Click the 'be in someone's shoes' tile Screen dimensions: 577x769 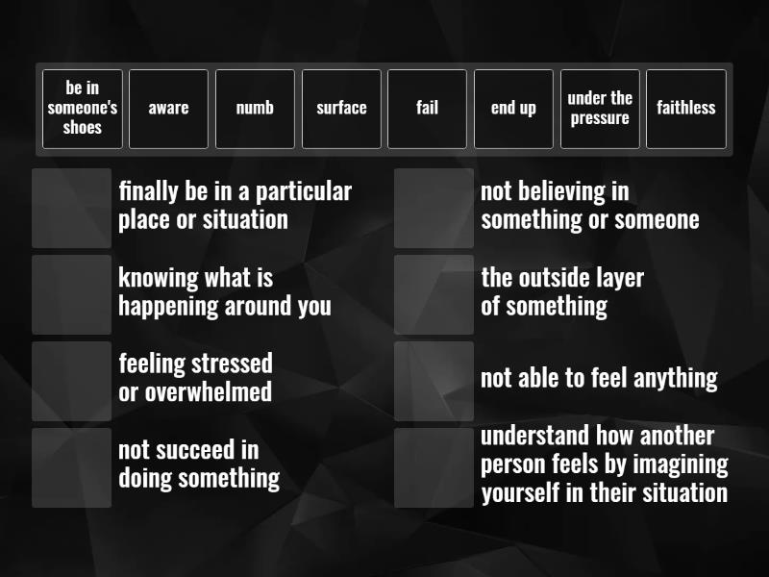tap(82, 109)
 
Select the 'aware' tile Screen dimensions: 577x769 tap(168, 109)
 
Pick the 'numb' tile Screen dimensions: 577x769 tap(255, 109)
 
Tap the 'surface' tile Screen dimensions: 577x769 tap(341, 109)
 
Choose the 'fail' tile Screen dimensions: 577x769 tap(427, 109)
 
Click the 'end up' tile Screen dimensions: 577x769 tap(513, 109)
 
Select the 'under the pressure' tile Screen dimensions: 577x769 tap(600, 109)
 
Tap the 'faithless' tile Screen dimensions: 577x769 tap(685, 109)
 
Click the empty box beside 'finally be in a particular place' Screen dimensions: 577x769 tap(71, 208)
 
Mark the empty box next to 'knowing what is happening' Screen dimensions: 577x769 tap(71, 294)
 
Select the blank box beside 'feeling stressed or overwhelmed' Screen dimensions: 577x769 tap(71, 381)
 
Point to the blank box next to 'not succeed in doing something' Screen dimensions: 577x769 tap(71, 467)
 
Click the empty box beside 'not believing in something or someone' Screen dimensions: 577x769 tap(434, 208)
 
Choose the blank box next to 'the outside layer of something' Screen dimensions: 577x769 tap(434, 294)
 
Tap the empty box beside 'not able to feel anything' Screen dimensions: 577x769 tap(434, 381)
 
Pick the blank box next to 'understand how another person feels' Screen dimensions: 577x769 tap(434, 467)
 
